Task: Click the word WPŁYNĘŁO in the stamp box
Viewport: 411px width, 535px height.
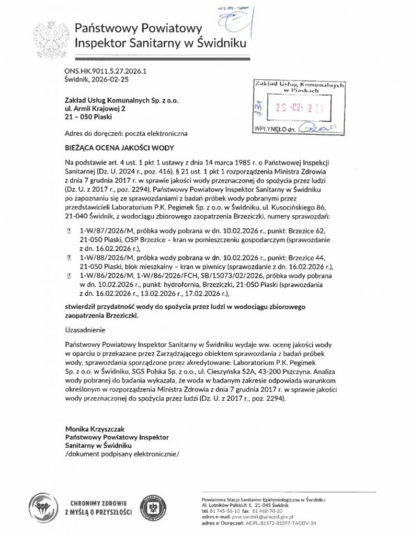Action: click(x=269, y=127)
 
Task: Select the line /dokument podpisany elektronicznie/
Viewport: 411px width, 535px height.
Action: click(x=122, y=453)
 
